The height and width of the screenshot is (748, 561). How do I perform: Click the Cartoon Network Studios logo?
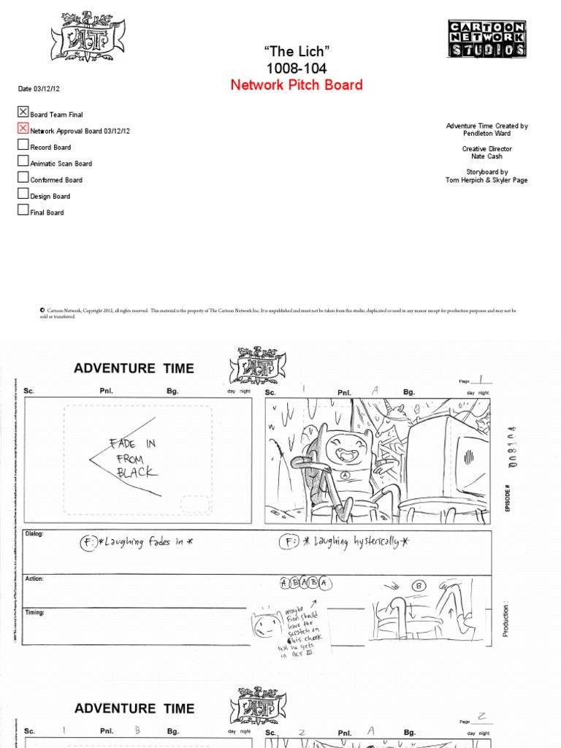click(x=486, y=39)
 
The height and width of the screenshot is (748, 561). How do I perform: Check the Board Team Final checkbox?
click(x=23, y=112)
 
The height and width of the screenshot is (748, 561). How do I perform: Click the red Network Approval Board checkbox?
click(x=23, y=129)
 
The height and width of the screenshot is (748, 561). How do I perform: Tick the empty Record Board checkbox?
click(x=23, y=145)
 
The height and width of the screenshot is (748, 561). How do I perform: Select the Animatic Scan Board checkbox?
click(x=23, y=161)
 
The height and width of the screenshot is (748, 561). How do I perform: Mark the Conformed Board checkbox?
click(x=23, y=178)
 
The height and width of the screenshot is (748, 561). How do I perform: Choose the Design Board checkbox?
click(x=23, y=194)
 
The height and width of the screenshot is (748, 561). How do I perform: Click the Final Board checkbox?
click(x=23, y=210)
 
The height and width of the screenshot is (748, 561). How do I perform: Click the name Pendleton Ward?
click(x=486, y=134)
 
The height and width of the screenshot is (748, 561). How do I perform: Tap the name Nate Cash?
click(x=486, y=156)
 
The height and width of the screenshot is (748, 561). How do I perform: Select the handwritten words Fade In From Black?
click(x=133, y=457)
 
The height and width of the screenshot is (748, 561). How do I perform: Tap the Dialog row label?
click(x=34, y=534)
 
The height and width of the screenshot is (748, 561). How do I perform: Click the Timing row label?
click(x=34, y=612)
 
